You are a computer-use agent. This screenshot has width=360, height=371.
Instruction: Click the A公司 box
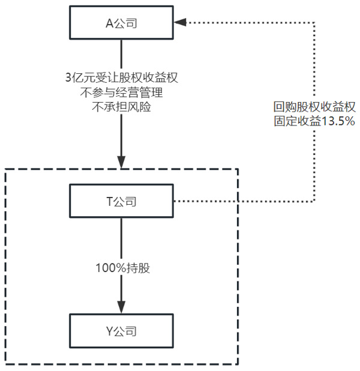pos(121,23)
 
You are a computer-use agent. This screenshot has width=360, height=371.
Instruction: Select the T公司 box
pos(121,201)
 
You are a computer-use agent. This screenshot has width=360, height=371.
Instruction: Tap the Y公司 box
pos(121,330)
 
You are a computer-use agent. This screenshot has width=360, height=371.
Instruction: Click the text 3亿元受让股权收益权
pos(121,78)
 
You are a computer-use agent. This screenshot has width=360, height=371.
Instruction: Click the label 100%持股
pos(121,268)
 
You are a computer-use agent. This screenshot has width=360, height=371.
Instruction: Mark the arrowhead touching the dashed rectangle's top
pos(121,163)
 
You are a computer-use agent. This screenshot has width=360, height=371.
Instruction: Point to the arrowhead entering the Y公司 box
pos(121,308)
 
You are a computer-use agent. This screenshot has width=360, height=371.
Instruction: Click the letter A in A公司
pos(109,23)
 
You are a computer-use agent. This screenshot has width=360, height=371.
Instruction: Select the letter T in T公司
pos(109,201)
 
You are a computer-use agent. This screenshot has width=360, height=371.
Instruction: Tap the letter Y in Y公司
pos(109,330)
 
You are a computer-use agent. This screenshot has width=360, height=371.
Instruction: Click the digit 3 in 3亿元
pos(68,78)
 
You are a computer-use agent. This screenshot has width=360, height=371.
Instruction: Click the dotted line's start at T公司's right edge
pos(175,201)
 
